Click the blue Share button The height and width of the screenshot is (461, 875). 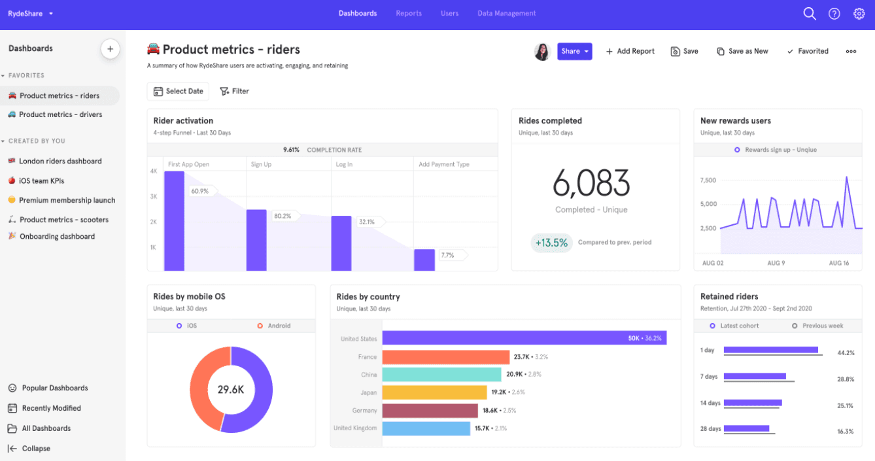(x=574, y=52)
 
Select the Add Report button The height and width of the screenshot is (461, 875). (x=630, y=52)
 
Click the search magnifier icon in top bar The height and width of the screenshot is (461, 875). (x=810, y=14)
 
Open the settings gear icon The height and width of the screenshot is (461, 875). (x=859, y=14)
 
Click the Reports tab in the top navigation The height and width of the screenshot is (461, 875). (x=409, y=14)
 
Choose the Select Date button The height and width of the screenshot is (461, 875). (x=178, y=92)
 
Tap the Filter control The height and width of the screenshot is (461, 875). (x=234, y=92)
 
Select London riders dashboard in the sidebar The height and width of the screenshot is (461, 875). (x=60, y=162)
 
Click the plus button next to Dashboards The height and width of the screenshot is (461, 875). (x=110, y=49)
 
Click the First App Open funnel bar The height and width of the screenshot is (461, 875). (x=174, y=221)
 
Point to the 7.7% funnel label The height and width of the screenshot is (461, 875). (x=448, y=255)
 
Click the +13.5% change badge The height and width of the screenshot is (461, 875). (x=551, y=243)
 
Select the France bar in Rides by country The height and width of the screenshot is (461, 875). (x=445, y=357)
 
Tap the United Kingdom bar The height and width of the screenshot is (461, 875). (x=426, y=428)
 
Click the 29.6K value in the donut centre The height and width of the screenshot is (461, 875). (x=231, y=390)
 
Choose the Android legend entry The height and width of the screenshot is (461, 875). (x=274, y=326)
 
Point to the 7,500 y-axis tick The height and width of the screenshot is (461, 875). (x=708, y=180)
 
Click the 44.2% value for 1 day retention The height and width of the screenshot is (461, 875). (x=846, y=353)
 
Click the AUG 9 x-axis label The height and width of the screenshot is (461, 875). (x=776, y=263)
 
